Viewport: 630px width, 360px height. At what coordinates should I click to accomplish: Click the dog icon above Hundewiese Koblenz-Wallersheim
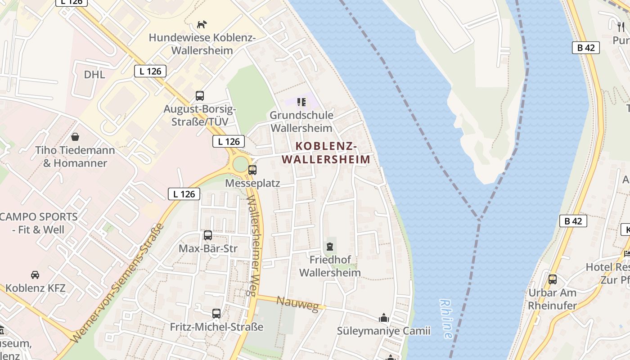(202, 24)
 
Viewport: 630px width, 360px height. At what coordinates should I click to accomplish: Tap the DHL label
(94, 74)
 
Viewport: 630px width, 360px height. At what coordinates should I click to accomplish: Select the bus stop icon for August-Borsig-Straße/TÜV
(199, 95)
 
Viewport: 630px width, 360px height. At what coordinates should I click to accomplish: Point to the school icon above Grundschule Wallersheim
(301, 102)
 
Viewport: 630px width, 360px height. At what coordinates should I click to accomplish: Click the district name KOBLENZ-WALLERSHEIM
(326, 153)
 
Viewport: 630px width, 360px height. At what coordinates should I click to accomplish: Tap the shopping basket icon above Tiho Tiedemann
(75, 136)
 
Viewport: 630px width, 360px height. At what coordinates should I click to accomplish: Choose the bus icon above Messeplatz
(252, 170)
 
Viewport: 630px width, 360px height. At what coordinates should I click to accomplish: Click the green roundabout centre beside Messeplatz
(240, 163)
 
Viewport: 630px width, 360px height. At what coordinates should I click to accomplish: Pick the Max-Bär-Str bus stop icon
(207, 235)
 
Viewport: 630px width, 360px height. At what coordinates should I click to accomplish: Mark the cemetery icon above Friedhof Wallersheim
(330, 247)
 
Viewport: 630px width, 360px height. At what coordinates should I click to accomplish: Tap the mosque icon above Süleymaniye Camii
(383, 318)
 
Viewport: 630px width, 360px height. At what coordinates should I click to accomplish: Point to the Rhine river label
(446, 319)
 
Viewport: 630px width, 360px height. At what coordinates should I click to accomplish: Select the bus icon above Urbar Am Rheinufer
(552, 279)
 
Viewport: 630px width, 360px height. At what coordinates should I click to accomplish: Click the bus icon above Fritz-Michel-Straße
(216, 314)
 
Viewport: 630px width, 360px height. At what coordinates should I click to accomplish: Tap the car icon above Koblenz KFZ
(35, 274)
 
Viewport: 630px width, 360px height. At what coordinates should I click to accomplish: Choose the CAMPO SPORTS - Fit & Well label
(39, 223)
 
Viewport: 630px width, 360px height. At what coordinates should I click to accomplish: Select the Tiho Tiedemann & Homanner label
(75, 157)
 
